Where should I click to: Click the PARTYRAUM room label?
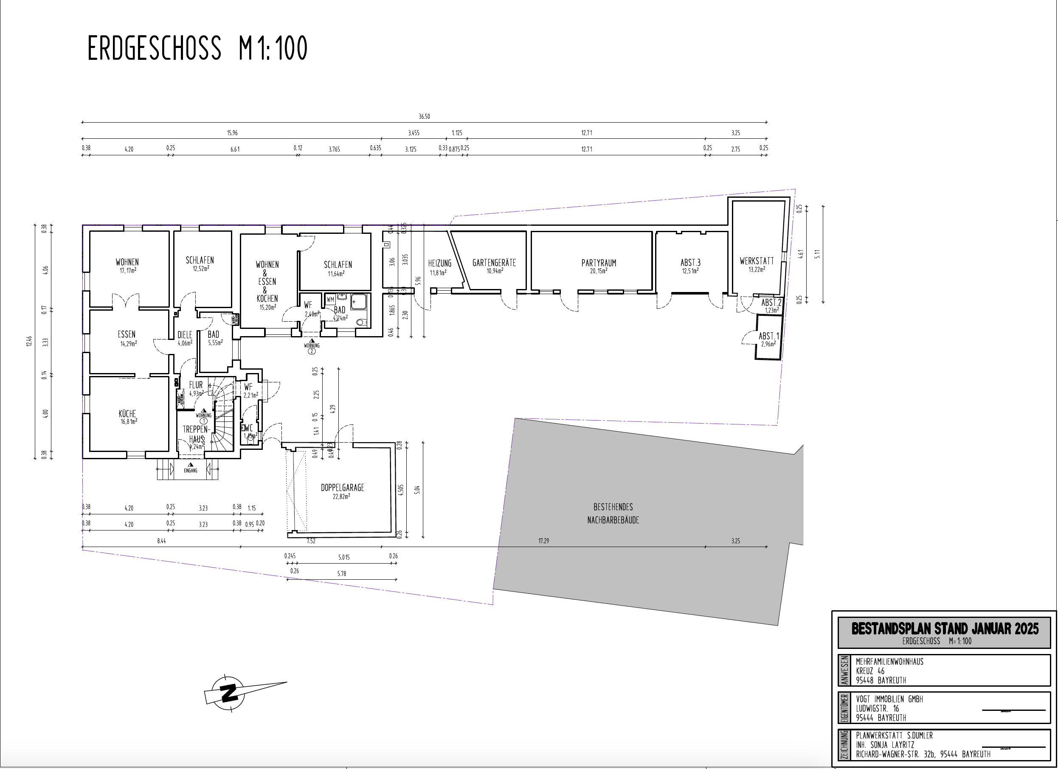(x=599, y=263)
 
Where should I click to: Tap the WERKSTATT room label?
(x=757, y=261)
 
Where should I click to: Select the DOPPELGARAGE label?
(x=342, y=488)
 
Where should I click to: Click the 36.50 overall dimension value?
(x=424, y=117)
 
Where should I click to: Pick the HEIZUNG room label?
(x=439, y=264)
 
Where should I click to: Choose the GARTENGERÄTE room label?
(x=494, y=263)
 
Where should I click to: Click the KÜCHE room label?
(x=127, y=414)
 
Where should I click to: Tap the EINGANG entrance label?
(x=190, y=471)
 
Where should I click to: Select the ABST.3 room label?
(x=690, y=263)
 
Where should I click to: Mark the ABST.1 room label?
(x=768, y=336)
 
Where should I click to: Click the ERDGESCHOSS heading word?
(x=154, y=48)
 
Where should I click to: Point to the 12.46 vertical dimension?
(x=29, y=341)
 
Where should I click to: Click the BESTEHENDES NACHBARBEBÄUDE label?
(x=613, y=513)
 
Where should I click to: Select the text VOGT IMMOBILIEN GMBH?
(x=889, y=699)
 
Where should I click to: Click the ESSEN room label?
(x=127, y=334)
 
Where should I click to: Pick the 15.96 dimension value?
(x=232, y=133)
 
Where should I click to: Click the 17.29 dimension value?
(x=543, y=541)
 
